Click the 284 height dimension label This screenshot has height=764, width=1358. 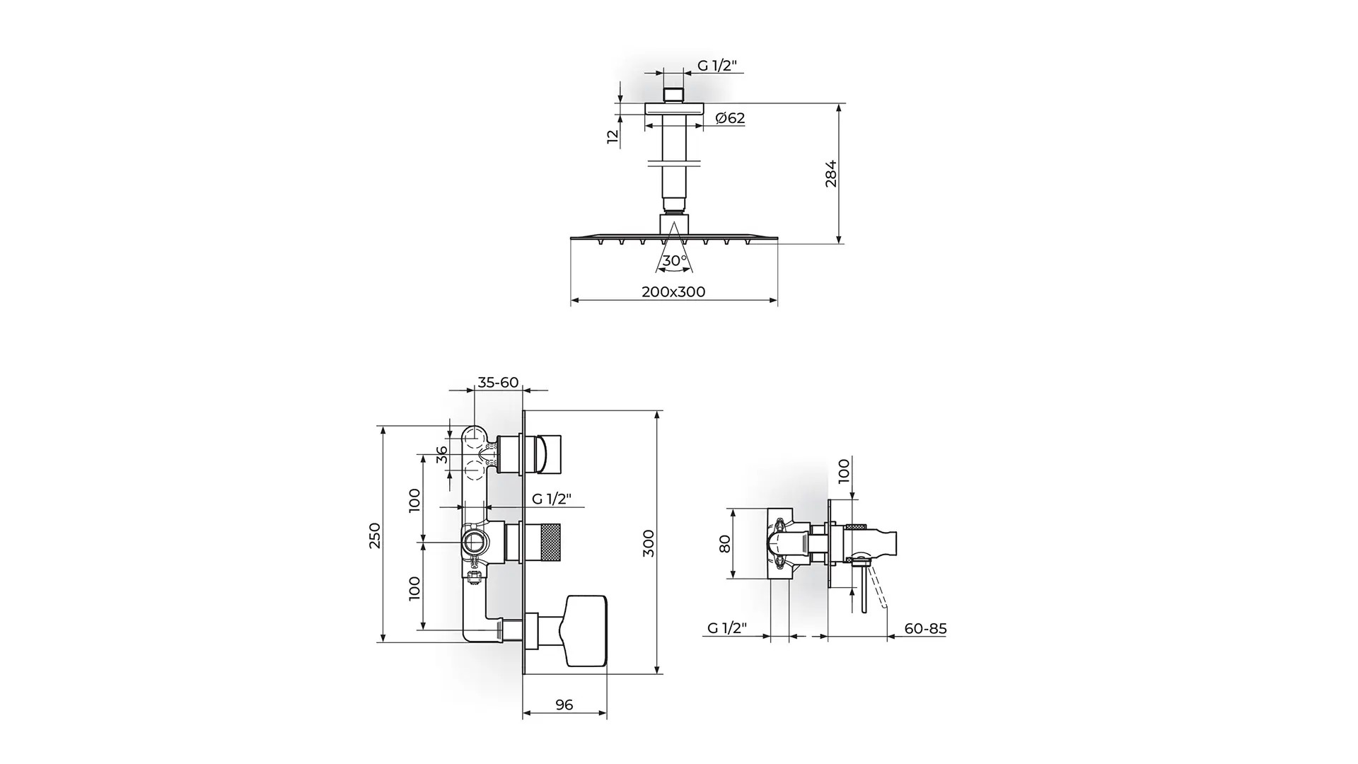pos(831,173)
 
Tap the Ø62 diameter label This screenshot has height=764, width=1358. pos(730,118)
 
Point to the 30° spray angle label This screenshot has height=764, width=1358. pos(675,260)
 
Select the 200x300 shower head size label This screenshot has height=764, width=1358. pos(673,291)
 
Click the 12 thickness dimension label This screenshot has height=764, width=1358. pos(613,136)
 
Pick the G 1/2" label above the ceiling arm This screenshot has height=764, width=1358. pos(717,66)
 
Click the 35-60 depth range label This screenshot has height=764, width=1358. pos(498,383)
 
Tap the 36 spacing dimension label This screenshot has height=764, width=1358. pos(443,454)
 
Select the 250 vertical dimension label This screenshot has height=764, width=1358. pos(375,536)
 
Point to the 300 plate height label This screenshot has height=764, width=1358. pos(649,543)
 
